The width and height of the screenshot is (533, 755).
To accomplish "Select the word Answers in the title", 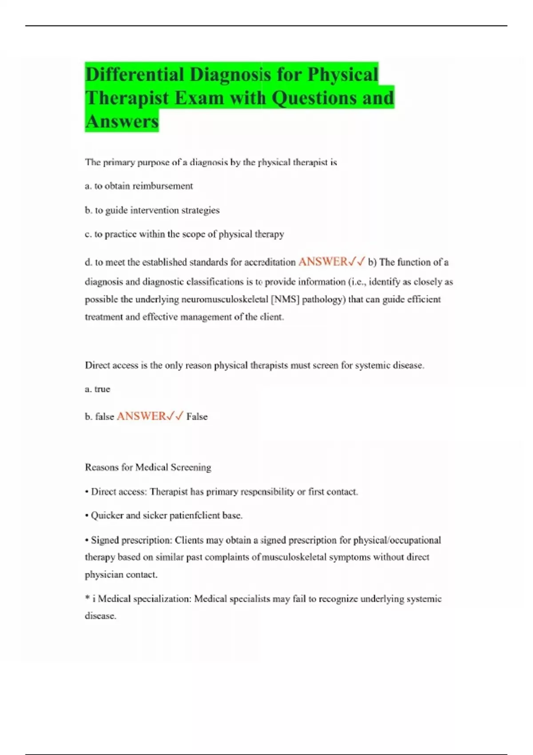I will point(122,121).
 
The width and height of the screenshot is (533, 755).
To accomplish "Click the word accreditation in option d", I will point(270,262).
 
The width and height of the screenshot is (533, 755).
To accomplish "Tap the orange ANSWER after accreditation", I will point(323,262).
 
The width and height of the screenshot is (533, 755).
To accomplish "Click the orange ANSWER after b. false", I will point(141,416).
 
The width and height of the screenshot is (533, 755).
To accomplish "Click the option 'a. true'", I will point(97,389).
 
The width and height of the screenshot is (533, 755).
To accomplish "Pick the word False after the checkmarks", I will point(197,417).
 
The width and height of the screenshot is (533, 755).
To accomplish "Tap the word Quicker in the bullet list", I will point(107,516).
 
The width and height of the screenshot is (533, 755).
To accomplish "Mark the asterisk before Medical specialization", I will point(88,598).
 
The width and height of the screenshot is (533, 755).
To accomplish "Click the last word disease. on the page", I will point(100,616).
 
